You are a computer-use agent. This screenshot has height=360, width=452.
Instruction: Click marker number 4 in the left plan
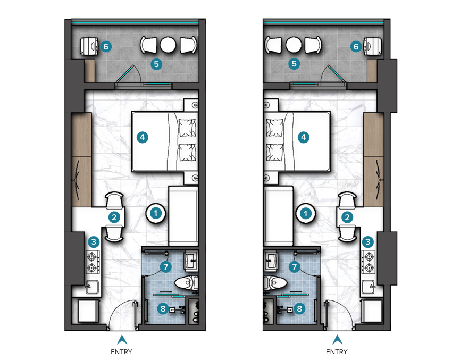[x=143, y=137]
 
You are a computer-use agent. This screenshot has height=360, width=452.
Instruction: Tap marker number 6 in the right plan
[x=356, y=46]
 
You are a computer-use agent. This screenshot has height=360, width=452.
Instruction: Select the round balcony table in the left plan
[x=168, y=45]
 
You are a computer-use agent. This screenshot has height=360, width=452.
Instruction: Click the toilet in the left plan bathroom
[x=187, y=283]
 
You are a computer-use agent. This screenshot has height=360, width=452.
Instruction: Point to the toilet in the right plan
[x=275, y=283]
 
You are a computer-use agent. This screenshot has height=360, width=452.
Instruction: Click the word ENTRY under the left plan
[x=121, y=351]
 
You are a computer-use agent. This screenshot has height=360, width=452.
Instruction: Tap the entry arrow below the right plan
[x=337, y=340]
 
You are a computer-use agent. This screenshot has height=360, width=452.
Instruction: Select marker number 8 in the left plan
[x=163, y=309]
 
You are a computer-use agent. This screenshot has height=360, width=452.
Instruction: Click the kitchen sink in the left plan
[x=92, y=287]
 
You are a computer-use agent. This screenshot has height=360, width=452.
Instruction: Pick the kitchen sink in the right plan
[x=369, y=287]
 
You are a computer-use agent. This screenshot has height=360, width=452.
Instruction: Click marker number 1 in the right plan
[x=306, y=214]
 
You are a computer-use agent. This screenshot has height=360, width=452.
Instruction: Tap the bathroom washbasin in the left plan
[x=191, y=261]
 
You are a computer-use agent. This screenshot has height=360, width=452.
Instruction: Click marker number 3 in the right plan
[x=367, y=241]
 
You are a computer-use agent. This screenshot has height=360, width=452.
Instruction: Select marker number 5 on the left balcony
[x=156, y=64]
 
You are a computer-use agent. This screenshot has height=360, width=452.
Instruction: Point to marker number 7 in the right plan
[x=294, y=266]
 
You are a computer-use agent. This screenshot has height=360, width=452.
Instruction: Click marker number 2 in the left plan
[x=114, y=217]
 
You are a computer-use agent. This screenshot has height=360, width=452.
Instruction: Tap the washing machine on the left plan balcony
[x=89, y=46]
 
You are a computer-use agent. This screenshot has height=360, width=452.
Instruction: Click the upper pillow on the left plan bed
[x=187, y=128]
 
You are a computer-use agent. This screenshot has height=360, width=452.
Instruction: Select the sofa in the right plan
[x=279, y=216]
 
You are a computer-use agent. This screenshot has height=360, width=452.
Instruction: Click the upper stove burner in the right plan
[x=369, y=256]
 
